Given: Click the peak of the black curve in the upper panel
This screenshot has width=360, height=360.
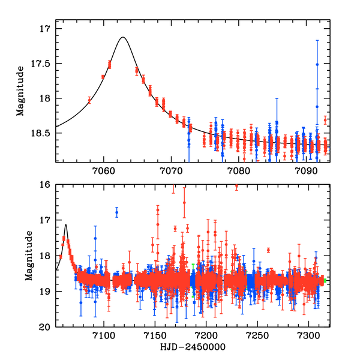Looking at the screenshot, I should coord(123,37).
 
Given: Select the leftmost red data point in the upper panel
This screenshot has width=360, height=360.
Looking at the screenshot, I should coord(89,100).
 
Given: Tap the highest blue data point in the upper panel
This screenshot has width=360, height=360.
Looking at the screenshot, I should coord(317,64).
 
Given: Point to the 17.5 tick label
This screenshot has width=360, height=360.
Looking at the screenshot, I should coord(42,64).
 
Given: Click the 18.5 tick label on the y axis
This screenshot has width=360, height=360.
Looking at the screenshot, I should coord(42,133).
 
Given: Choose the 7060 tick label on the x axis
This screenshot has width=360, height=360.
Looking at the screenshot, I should coord(103,170).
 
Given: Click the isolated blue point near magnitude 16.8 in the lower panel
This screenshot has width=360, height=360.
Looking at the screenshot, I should coord(117,212).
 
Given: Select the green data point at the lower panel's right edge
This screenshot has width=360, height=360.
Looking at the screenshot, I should coord(324,280).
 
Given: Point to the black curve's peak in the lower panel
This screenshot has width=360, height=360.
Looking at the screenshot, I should coord(65,225).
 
